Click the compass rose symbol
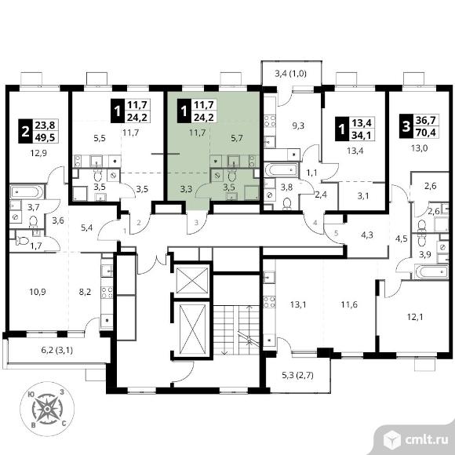[x=47, y=409]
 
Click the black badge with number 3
[x=406, y=126]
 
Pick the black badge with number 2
[x=26, y=131]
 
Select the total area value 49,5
[x=46, y=137]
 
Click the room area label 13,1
[x=298, y=304]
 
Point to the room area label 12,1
[x=415, y=317]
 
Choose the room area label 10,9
[x=38, y=292]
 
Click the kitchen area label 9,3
[x=298, y=126]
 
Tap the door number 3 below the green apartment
[x=196, y=223]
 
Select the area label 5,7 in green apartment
[x=237, y=138]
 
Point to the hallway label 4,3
[x=367, y=235]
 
